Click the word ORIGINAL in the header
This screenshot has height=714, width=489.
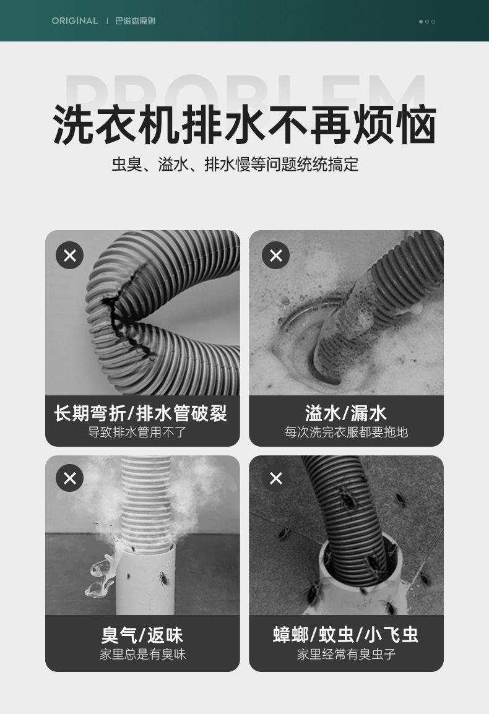click(75, 21)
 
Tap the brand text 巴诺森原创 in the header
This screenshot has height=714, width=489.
click(135, 21)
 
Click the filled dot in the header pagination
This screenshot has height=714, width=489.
click(421, 22)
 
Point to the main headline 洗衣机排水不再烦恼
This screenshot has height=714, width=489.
click(244, 124)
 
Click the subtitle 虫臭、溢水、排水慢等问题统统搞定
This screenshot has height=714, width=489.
click(235, 165)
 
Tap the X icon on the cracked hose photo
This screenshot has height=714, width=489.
click(70, 255)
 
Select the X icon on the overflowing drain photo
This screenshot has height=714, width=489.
click(275, 255)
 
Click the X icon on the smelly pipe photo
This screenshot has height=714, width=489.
click(70, 478)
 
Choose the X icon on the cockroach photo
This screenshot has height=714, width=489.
click(275, 478)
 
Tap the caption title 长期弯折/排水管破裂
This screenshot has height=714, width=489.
click(141, 413)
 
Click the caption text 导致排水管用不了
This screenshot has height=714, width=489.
click(137, 432)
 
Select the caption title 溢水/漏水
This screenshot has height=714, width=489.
click(346, 413)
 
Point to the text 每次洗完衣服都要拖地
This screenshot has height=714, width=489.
click(346, 432)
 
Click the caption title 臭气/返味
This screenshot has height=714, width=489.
click(142, 635)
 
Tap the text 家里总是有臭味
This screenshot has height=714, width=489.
click(142, 655)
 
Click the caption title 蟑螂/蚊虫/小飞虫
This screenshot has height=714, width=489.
click(345, 635)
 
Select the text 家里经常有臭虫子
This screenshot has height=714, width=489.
click(347, 655)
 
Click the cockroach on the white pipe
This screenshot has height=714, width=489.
click(163, 579)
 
